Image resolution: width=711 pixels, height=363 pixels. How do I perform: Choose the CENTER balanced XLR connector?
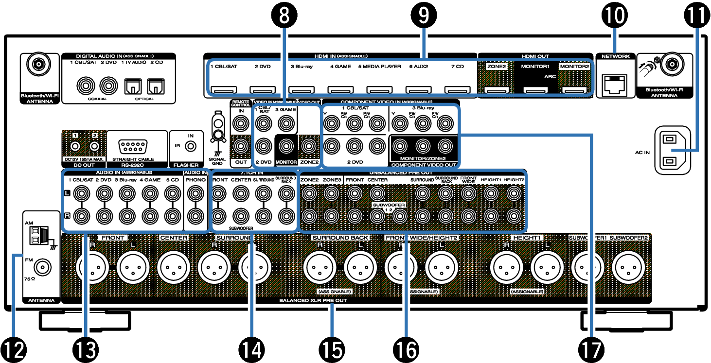pos(174,267)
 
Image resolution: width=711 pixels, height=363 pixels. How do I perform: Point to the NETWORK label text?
pos(615,56)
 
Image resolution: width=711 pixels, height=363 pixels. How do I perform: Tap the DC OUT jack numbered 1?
pos(75,145)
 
